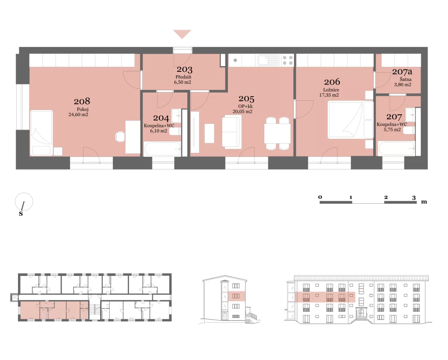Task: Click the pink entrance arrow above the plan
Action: pos(182,33)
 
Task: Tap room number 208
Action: pos(82,101)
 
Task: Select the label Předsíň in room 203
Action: pos(183,77)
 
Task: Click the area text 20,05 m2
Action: pos(242,112)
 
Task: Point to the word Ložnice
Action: pos(331,90)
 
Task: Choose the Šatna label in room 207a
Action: pos(406,79)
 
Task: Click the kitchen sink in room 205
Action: pos(269,60)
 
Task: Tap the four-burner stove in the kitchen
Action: pos(288,60)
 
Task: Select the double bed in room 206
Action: pos(350,120)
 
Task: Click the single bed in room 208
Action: pos(42,133)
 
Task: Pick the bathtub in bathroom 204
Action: pos(162,149)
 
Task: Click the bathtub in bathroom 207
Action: pos(396,149)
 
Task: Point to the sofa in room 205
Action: pos(232,132)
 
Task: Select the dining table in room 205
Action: pos(277,134)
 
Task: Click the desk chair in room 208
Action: pos(120,137)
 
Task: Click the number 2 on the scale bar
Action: pos(386,198)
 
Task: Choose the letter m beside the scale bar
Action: pos(424,202)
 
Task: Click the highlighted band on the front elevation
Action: pos(325,297)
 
